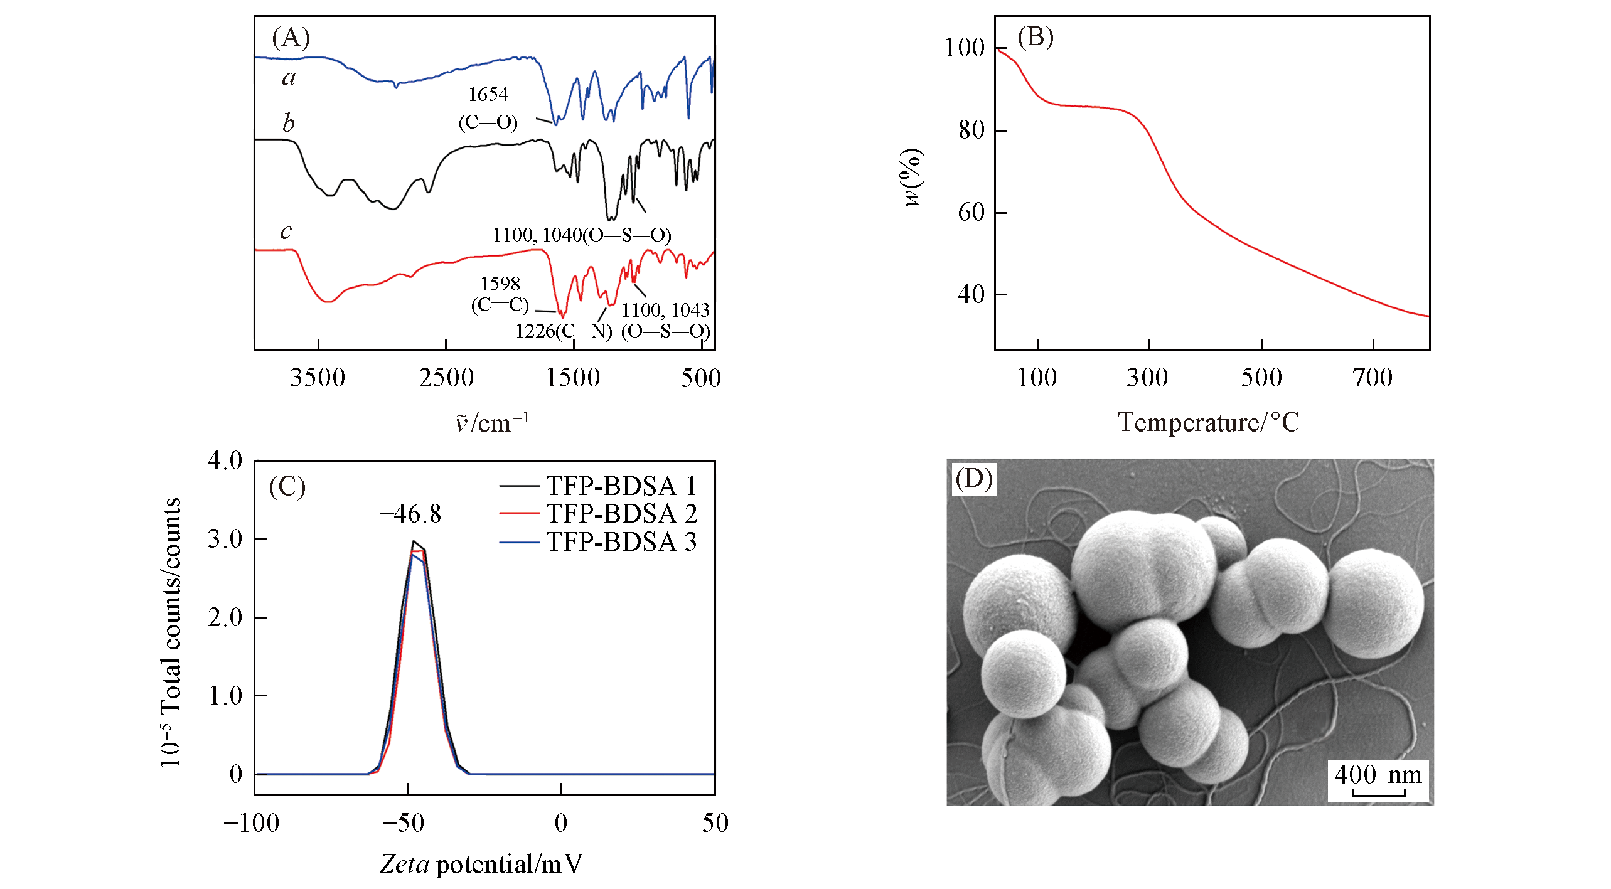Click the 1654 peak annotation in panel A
488,95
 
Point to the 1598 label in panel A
500,284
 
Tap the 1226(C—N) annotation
563,331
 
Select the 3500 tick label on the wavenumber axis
318,378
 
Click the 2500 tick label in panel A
446,378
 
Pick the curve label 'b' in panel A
288,123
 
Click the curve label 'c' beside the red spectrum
286,231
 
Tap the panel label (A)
291,38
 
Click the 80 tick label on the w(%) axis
971,130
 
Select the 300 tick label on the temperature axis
1147,378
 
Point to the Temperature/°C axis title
1208,422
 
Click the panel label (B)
1035,37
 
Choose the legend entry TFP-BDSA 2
621,514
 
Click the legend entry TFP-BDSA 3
621,542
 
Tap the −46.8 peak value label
410,514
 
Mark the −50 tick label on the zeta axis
403,822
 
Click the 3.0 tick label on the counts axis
225,539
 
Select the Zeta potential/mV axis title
481,864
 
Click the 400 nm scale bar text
1378,775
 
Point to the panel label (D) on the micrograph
973,479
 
